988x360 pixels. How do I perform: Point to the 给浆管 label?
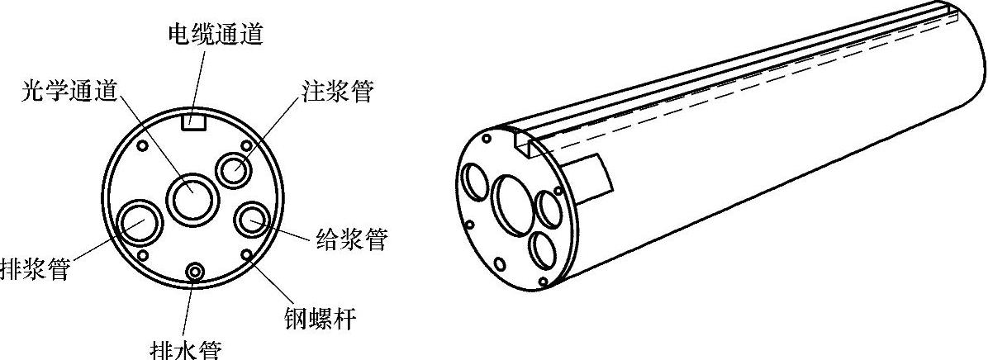[352, 240]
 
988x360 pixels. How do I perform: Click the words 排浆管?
[34, 268]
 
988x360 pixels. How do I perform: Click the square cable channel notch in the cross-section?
[193, 121]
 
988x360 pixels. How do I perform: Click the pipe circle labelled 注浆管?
[235, 171]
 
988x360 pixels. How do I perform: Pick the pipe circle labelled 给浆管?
[252, 220]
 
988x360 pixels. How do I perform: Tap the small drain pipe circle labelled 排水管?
[196, 272]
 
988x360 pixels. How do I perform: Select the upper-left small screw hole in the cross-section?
[142, 146]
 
